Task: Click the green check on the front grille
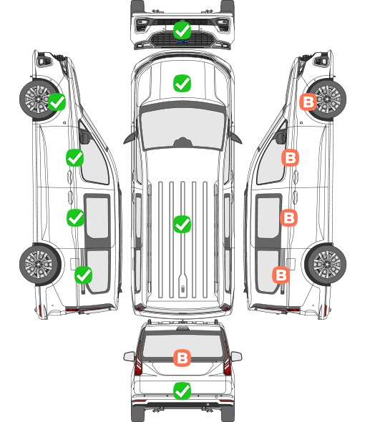[182, 31]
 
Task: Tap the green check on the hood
[182, 83]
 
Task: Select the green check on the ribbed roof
[182, 224]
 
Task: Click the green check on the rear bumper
[182, 391]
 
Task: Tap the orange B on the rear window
[182, 358]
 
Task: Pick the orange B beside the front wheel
[308, 102]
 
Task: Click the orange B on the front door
[290, 157]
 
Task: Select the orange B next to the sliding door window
[288, 217]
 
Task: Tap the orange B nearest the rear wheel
[281, 275]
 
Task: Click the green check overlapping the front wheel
[57, 102]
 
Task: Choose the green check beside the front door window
[75, 157]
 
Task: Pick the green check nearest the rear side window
[84, 275]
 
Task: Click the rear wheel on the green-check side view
[39, 264]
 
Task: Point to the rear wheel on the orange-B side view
[326, 264]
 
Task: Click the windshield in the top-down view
[182, 128]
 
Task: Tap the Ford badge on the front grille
[182, 41]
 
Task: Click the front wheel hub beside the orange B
[327, 99]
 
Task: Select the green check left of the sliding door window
[75, 217]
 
